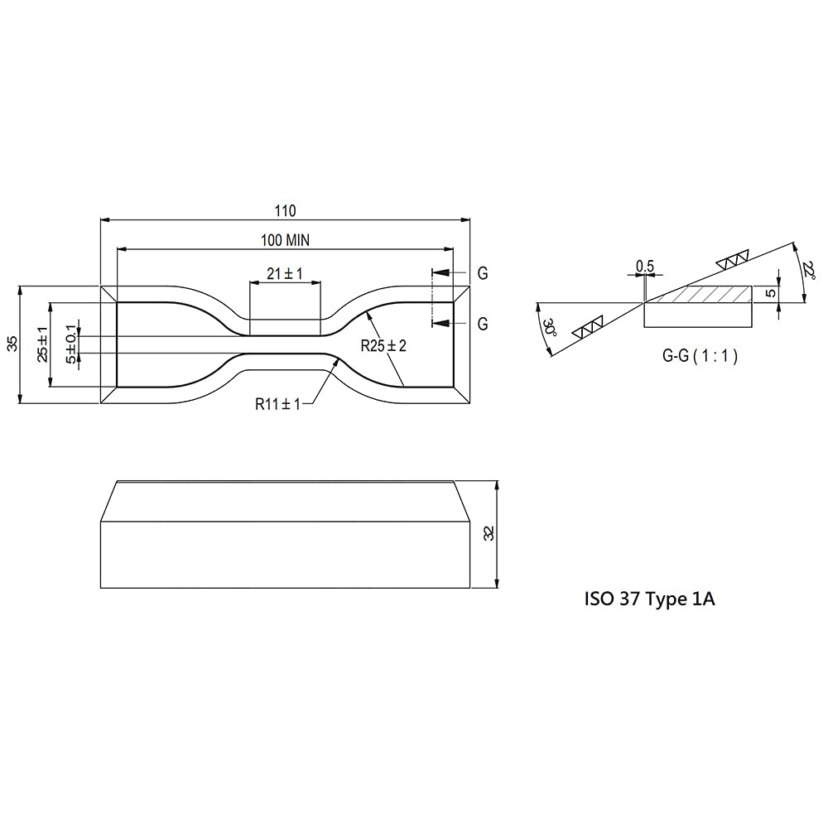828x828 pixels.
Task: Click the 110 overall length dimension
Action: [285, 210]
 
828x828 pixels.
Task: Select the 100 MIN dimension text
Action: [285, 240]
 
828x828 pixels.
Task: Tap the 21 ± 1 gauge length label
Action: [285, 273]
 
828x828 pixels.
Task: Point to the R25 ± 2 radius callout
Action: [383, 346]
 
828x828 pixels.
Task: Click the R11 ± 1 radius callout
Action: [277, 404]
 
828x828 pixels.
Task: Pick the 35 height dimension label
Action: [13, 344]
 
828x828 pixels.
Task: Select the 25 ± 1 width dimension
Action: [43, 344]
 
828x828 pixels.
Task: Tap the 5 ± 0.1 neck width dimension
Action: [71, 344]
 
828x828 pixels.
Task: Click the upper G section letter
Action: [482, 273]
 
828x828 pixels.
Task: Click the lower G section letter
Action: [482, 324]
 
